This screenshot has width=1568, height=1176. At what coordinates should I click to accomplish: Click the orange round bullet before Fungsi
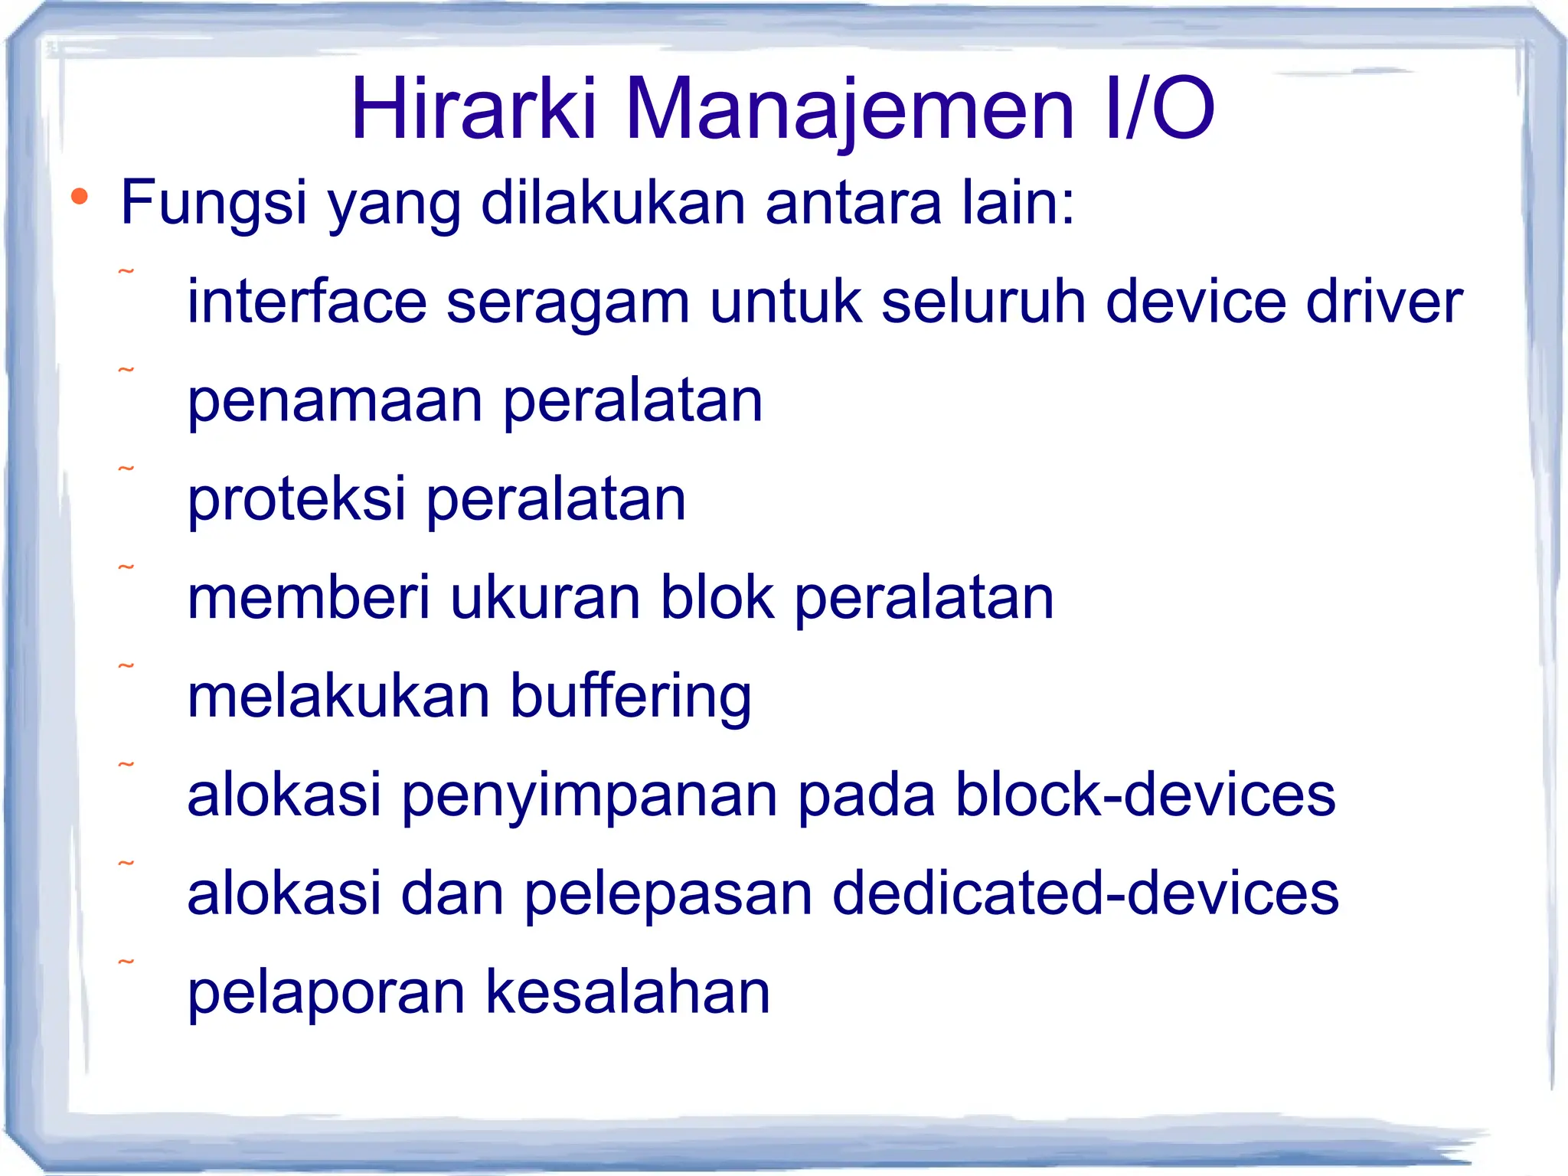pos(80,198)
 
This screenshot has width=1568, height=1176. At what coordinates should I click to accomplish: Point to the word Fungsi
pos(214,203)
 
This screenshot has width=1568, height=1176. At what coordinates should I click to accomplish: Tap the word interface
pos(306,301)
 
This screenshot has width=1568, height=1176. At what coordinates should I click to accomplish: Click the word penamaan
pos(335,401)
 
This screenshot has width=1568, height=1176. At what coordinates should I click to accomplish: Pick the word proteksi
pos(296,499)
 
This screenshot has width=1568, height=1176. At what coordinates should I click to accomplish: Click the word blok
pos(717,598)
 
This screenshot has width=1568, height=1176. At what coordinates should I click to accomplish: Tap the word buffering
pos(630,697)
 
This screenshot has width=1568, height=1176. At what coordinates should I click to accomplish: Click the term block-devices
pos(1145,795)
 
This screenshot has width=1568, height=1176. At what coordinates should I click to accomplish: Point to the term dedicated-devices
pos(1085,893)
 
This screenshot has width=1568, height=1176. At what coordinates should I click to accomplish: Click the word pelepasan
pos(668,893)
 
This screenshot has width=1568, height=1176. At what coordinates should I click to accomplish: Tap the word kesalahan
pos(627,992)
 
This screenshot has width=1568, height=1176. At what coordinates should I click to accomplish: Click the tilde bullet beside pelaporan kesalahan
pos(126,962)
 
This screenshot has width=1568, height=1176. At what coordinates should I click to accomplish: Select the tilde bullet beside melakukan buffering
pos(126,666)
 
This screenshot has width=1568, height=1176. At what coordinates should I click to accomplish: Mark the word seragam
pos(567,301)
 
